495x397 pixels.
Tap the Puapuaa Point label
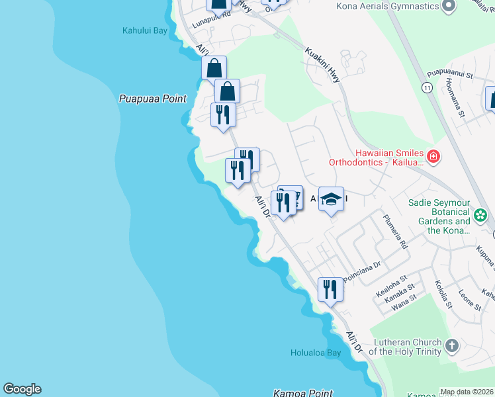coord(153,99)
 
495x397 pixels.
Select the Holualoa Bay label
coord(316,353)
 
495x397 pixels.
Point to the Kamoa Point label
coord(303,393)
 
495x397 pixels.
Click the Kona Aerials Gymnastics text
coord(388,7)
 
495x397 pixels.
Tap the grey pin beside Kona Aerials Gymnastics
coord(449,7)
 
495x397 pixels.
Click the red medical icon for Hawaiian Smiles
coord(433,157)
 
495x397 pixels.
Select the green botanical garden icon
coord(480,214)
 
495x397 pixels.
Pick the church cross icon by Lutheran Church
coord(451,345)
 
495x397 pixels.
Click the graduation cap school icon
coord(331,198)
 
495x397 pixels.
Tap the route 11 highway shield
coord(427,87)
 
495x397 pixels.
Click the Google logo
coord(22,389)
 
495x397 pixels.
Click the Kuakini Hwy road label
coord(324,64)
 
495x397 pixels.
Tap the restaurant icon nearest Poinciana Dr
coord(330,289)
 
